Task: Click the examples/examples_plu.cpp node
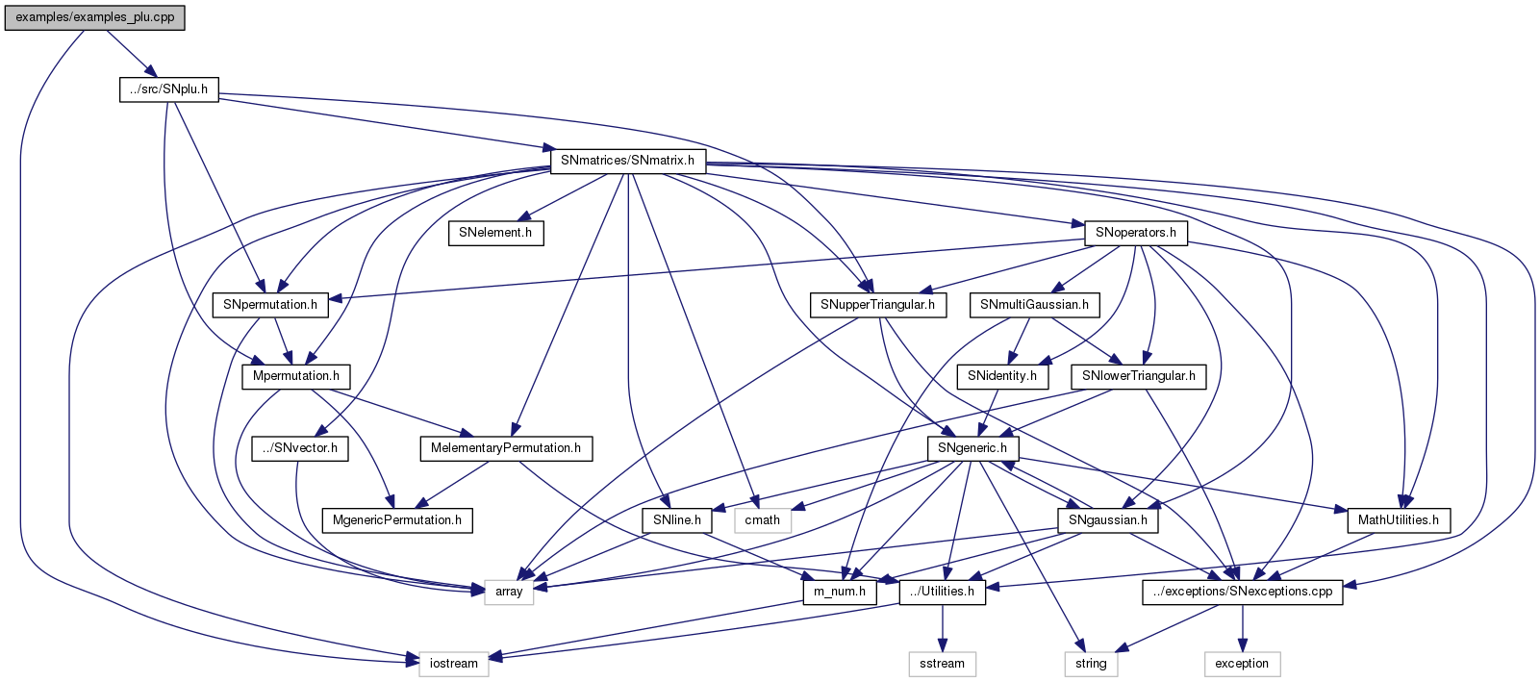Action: (x=94, y=17)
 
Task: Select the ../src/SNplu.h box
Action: (x=169, y=89)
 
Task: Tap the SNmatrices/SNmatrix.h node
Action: (x=627, y=161)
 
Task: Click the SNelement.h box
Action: (x=495, y=233)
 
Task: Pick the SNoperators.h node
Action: (x=1136, y=233)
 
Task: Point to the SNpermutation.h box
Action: (x=270, y=305)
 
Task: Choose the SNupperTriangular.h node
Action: (x=877, y=305)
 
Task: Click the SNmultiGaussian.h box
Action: (x=1034, y=305)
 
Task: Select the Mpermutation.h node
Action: (x=296, y=376)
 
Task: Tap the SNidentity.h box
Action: (x=1002, y=376)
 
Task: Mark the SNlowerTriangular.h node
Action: (x=1138, y=376)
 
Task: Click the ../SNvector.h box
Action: (x=300, y=448)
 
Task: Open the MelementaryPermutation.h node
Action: (x=506, y=448)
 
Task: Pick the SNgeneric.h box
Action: (x=972, y=448)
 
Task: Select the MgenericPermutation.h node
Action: (x=397, y=520)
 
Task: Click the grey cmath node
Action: (x=763, y=520)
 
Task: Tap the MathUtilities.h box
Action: (x=1399, y=520)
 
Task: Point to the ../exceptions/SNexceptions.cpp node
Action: (x=1242, y=592)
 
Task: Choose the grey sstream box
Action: (x=942, y=664)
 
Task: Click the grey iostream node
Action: (x=454, y=664)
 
